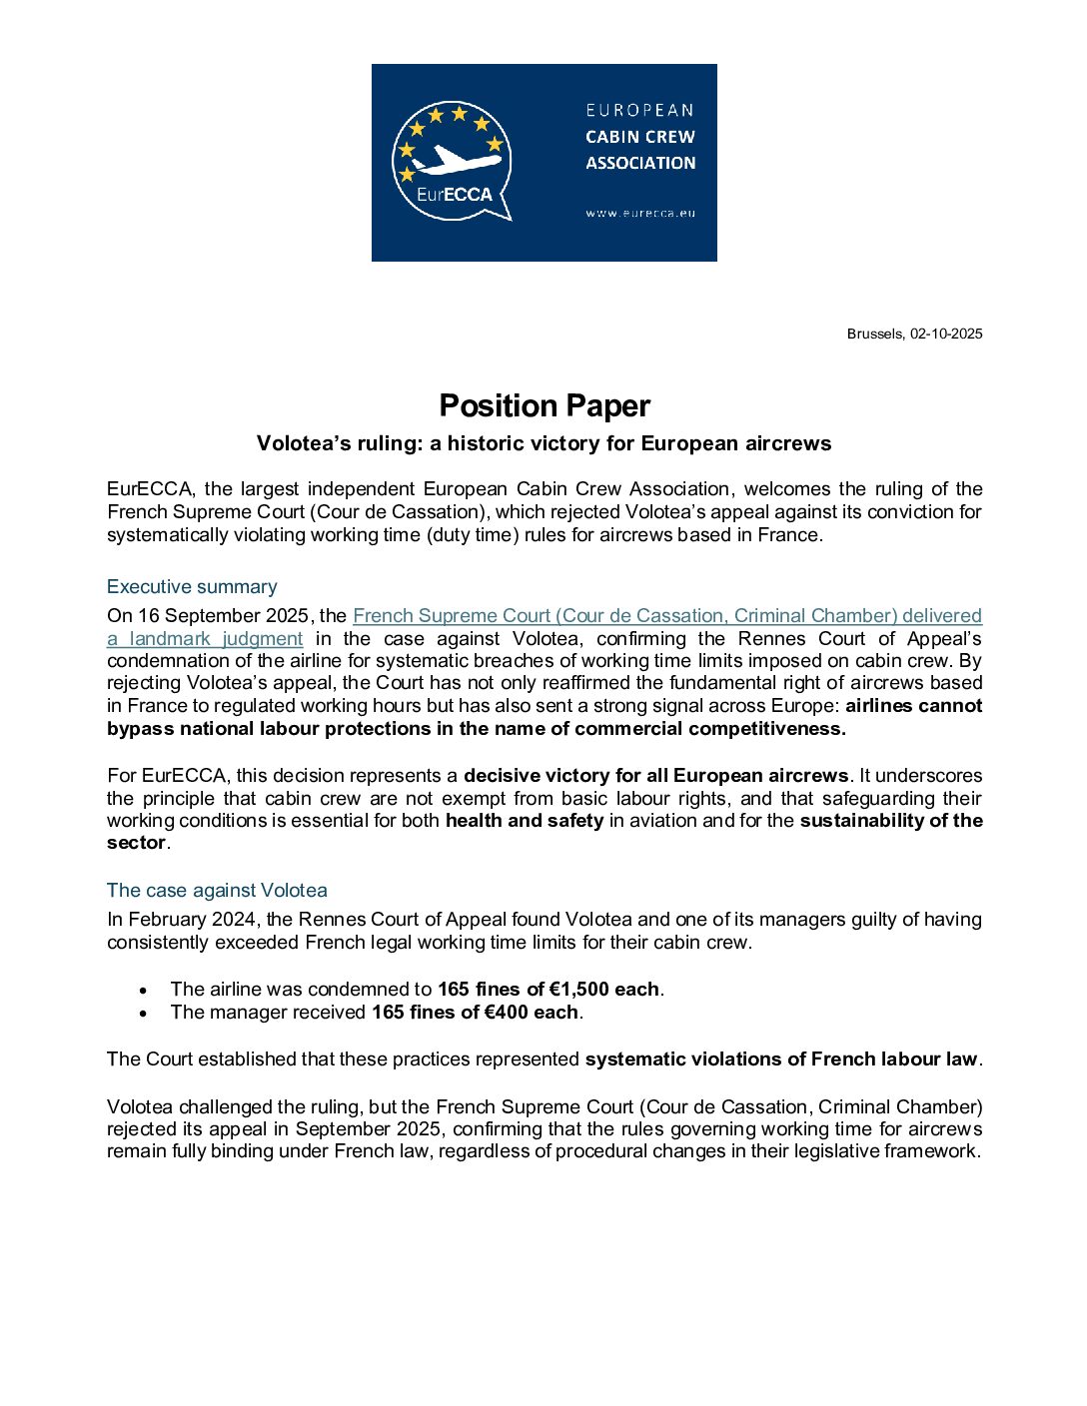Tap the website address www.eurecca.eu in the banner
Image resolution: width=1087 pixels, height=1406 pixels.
pos(640,213)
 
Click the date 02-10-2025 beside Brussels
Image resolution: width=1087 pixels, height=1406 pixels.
pos(945,334)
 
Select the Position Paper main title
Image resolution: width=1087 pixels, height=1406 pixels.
pos(544,405)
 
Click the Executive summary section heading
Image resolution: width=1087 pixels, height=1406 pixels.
pos(192,587)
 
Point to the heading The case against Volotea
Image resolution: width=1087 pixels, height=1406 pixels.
pos(217,891)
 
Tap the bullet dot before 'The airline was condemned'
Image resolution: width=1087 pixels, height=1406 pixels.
pos(144,991)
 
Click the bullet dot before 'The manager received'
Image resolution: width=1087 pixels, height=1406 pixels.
pos(144,1014)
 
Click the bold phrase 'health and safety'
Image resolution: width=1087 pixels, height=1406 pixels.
pos(525,821)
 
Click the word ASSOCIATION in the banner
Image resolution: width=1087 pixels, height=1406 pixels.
pos(640,163)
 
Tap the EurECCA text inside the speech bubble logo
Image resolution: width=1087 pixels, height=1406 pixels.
pos(455,195)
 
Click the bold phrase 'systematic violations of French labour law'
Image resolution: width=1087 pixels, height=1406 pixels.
pos(781,1059)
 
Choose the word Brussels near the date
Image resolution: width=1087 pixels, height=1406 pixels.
pos(874,334)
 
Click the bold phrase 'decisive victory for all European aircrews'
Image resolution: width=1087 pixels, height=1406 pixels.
pos(656,776)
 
